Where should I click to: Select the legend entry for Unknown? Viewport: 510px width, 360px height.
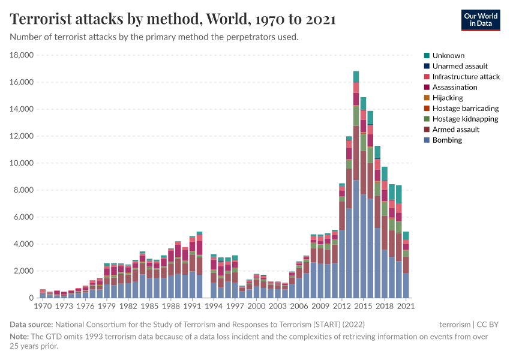coord(448,55)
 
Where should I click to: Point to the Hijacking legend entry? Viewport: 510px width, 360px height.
coord(448,98)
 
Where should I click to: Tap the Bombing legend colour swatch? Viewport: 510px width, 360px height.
coord(427,140)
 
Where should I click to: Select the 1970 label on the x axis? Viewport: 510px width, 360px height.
coord(42,306)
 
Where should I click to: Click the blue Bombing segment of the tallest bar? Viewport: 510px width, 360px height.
coord(356,240)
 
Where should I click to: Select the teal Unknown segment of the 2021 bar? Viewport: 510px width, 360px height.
coord(406,235)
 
